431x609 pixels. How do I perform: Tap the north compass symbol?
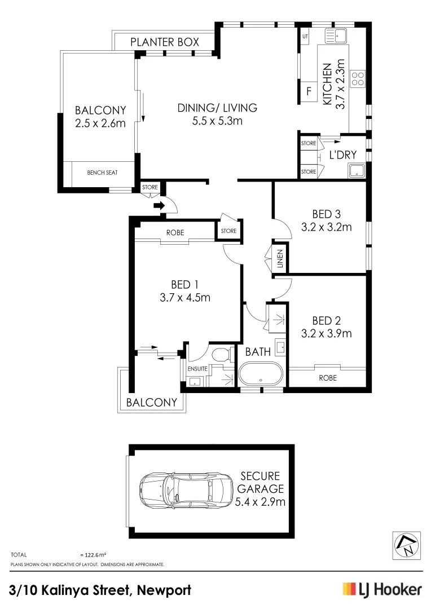pyautogui.click(x=406, y=545)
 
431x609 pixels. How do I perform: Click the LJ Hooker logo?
pyautogui.click(x=382, y=590)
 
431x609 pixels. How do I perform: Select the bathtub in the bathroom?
pyautogui.click(x=261, y=373)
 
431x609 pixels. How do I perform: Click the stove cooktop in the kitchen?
pyautogui.click(x=358, y=78)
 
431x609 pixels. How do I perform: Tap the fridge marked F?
pyautogui.click(x=309, y=91)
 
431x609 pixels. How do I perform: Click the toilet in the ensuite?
pyautogui.click(x=222, y=355)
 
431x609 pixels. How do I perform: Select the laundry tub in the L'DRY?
pyautogui.click(x=357, y=170)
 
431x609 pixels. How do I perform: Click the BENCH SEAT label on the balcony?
pyautogui.click(x=102, y=173)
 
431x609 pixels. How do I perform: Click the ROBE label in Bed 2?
pyautogui.click(x=327, y=378)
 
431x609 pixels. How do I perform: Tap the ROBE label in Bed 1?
pyautogui.click(x=175, y=232)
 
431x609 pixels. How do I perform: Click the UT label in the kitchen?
pyautogui.click(x=305, y=37)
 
